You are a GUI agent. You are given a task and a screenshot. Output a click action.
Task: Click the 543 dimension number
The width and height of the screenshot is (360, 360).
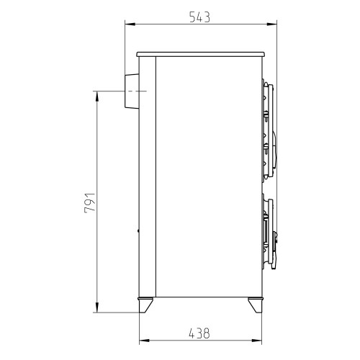point(199,17)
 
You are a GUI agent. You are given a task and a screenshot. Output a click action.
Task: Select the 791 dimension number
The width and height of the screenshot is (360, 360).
point(90,203)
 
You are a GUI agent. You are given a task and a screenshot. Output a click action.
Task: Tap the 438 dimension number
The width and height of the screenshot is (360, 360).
point(199,333)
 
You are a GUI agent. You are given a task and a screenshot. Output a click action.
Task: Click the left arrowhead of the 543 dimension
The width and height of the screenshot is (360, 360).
point(130,24)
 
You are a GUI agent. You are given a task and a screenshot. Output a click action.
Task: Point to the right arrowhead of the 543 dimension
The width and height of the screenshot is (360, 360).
point(271,24)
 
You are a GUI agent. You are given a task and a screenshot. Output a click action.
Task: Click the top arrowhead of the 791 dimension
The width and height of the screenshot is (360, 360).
point(97,96)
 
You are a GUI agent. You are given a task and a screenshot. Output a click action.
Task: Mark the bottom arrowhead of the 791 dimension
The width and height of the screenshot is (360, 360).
point(97,307)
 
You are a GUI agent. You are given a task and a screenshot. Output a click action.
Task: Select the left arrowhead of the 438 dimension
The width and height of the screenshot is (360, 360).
point(145,341)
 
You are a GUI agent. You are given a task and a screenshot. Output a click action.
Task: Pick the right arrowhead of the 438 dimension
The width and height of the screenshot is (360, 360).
point(256,341)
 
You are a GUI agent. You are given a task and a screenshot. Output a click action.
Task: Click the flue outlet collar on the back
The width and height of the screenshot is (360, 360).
point(132,91)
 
